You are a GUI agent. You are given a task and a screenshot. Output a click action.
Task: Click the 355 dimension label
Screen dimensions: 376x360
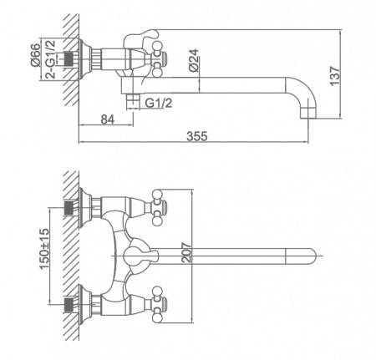pos(197,136)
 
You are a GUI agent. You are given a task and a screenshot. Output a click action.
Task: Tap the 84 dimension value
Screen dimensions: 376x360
pos(108,119)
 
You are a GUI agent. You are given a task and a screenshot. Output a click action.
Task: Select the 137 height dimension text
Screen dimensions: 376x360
pos(335,76)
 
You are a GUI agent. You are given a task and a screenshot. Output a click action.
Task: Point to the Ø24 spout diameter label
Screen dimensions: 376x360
pos(193,60)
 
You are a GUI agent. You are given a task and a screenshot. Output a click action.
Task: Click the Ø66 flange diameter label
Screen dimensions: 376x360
pos(35,55)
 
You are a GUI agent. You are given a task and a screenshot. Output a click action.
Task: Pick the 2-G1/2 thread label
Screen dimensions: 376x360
pos(50,59)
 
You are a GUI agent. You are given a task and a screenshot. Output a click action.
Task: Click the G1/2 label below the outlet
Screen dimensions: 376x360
pos(159,103)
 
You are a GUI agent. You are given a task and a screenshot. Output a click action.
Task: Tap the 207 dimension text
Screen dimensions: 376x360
pos(186,252)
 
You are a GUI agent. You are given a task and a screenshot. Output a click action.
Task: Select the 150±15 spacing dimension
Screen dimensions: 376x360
pos(44,249)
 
